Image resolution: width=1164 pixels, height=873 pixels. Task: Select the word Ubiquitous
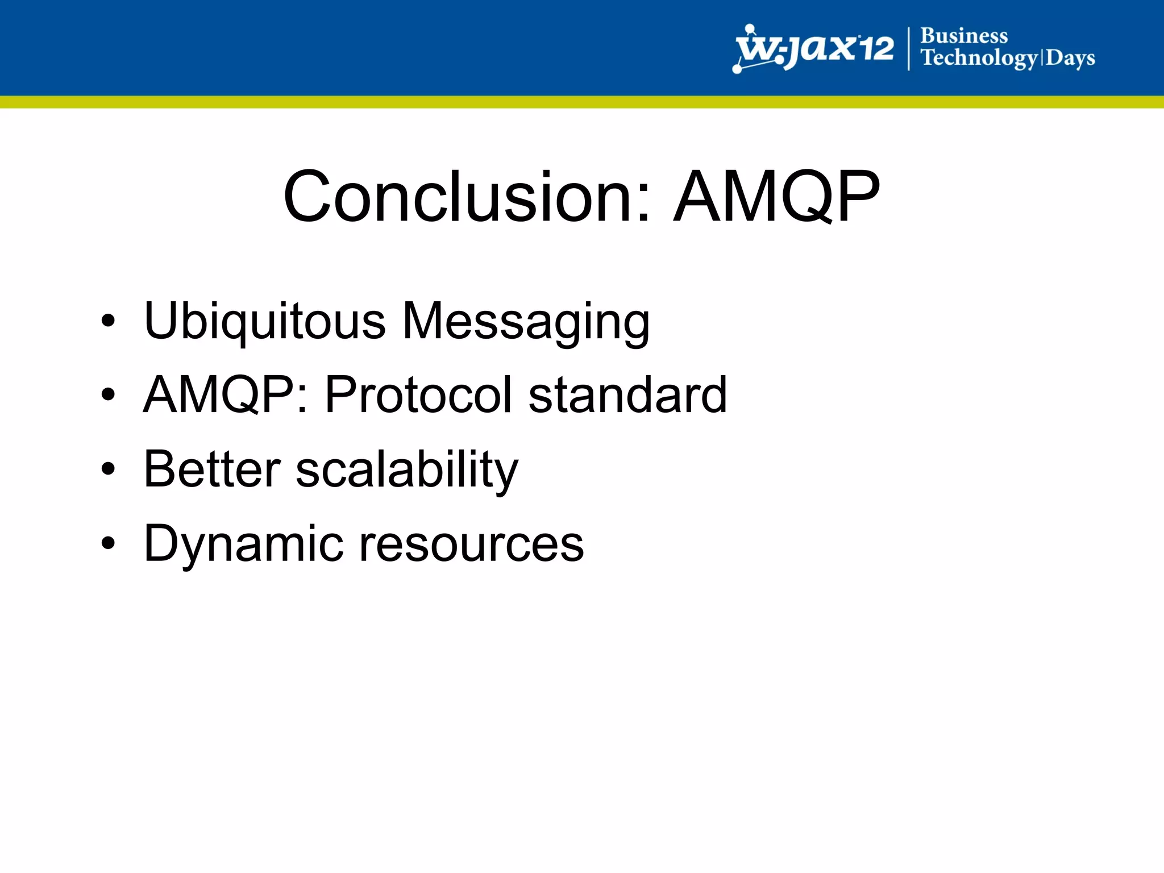pyautogui.click(x=265, y=321)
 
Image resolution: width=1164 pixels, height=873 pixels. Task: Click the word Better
pyautogui.click(x=212, y=469)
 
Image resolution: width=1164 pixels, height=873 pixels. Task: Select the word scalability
pyautogui.click(x=407, y=470)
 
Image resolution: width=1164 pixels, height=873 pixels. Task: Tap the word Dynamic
pyautogui.click(x=243, y=544)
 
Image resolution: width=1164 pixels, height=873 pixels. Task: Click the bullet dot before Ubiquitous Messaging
pyautogui.click(x=107, y=321)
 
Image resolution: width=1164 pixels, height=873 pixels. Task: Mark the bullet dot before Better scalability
pyautogui.click(x=107, y=469)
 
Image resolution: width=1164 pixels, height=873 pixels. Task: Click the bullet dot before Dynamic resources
pyautogui.click(x=107, y=544)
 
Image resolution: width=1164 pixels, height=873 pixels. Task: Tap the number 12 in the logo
pyautogui.click(x=875, y=48)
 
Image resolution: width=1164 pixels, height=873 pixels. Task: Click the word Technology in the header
pyautogui.click(x=979, y=58)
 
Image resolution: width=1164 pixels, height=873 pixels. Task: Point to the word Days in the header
pyautogui.click(x=1070, y=58)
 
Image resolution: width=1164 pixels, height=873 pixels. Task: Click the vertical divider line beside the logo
pyautogui.click(x=909, y=49)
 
